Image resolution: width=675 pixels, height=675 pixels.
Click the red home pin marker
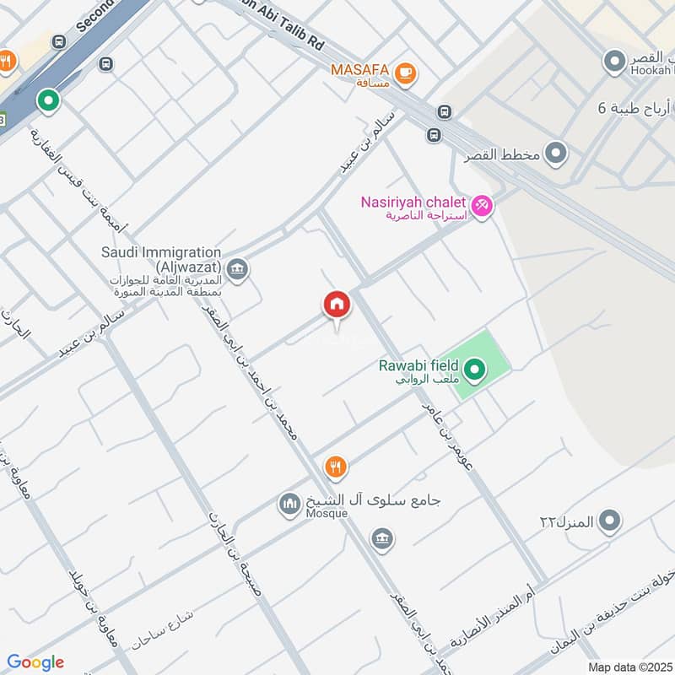pos(337,305)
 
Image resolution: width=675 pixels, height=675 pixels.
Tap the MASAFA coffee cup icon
pos(406,73)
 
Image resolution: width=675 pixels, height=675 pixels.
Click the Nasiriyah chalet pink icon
pos(481,204)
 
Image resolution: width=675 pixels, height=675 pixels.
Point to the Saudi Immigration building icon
pos(238,269)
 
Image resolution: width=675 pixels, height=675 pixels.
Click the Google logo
pos(35,662)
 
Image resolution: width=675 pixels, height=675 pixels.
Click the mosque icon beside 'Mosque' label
pos(289,505)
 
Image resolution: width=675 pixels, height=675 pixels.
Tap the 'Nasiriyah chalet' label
pos(414,202)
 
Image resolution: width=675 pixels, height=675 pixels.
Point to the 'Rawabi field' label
pos(418,365)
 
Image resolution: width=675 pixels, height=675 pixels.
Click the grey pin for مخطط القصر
pos(555,154)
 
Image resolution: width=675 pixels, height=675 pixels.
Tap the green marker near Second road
pos(49,101)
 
